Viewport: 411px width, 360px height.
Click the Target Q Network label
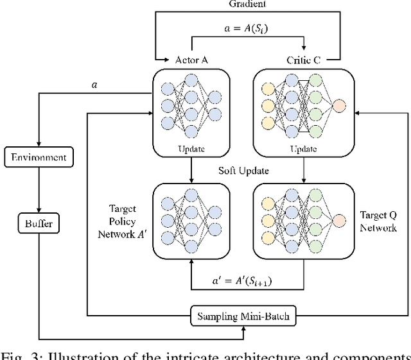point(377,221)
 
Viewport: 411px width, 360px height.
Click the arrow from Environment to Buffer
point(40,190)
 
